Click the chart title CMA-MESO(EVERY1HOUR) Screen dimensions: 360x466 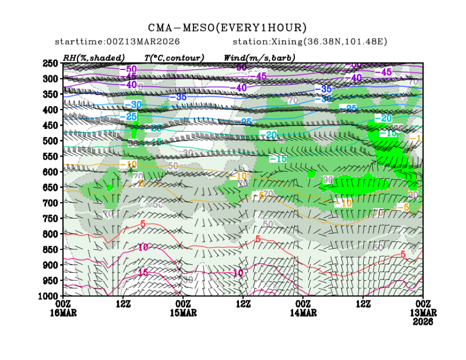(x=227, y=28)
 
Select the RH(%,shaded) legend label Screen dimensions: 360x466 (x=94, y=57)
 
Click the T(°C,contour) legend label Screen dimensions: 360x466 (x=174, y=57)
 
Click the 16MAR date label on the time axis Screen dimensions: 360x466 (x=63, y=313)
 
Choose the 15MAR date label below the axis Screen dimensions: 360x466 (x=183, y=313)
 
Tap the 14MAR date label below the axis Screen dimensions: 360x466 (x=302, y=313)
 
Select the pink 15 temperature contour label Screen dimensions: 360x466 (x=143, y=273)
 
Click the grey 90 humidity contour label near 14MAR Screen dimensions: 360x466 (x=328, y=179)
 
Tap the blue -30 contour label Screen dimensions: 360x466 (x=133, y=104)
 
